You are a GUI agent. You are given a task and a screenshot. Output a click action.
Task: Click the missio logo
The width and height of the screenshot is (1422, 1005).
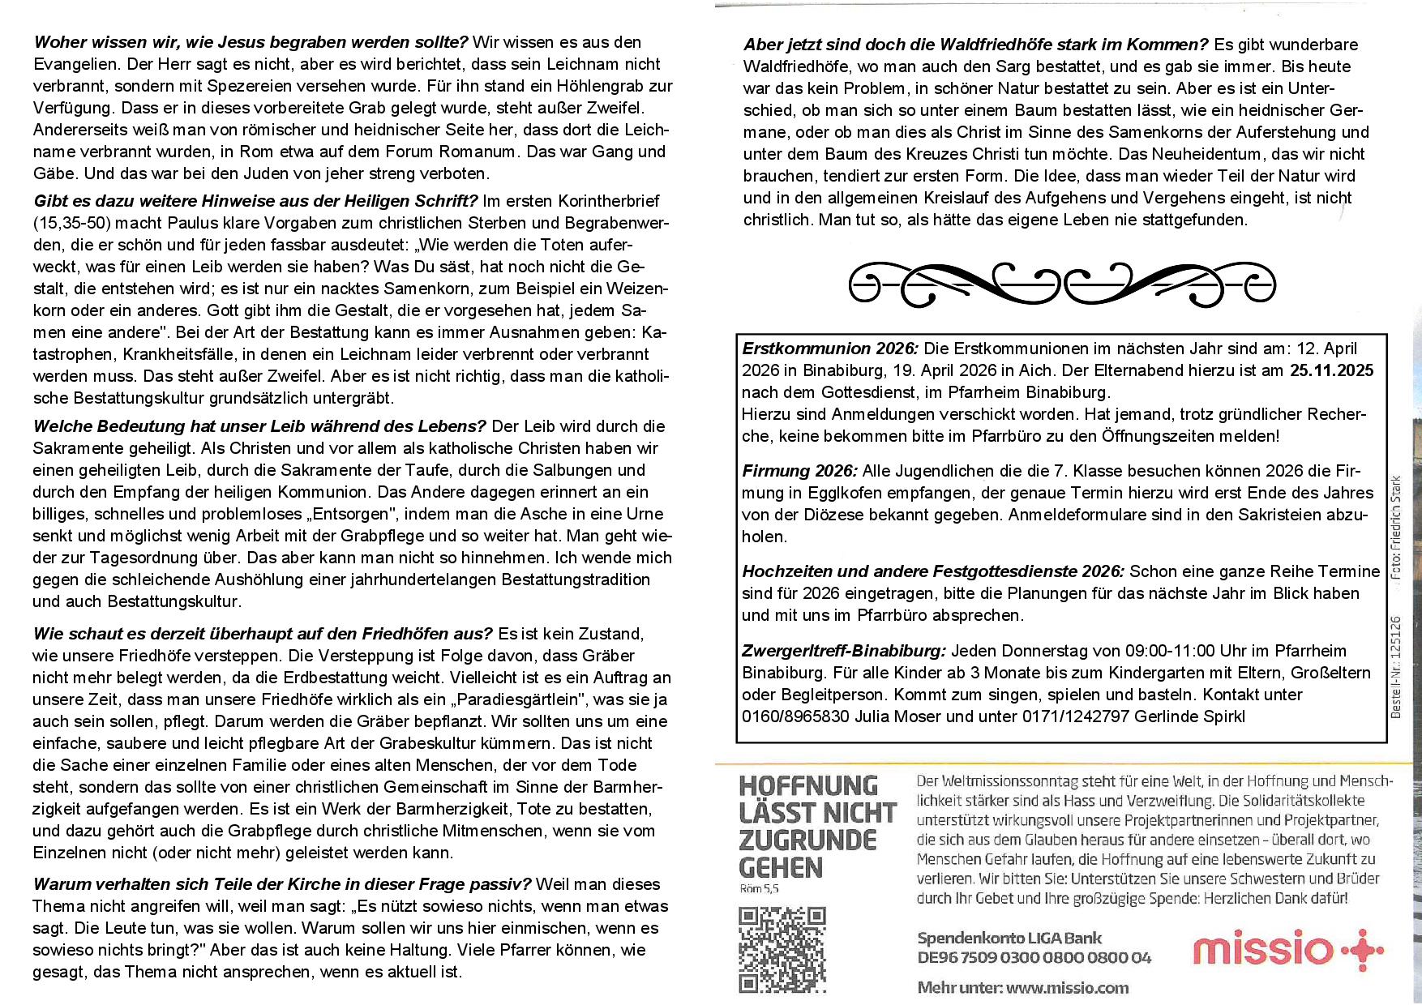(1287, 950)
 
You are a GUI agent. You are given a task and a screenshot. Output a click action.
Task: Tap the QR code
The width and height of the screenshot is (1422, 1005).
(782, 949)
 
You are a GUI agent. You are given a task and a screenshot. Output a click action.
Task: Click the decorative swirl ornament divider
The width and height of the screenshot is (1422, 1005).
(1062, 284)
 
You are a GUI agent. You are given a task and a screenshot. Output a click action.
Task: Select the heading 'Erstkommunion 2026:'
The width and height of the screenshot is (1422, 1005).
(830, 349)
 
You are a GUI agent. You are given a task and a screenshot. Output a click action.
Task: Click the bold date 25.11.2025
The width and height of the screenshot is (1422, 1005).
(1331, 370)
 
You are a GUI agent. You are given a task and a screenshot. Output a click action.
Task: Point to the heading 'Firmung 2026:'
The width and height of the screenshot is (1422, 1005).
(799, 471)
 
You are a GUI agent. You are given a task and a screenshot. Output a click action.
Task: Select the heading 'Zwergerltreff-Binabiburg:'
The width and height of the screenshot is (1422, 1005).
(844, 651)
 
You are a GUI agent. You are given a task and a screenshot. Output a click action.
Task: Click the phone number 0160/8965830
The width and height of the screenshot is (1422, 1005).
(795, 716)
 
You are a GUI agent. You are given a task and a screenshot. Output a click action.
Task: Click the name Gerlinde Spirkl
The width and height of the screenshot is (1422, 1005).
(1189, 716)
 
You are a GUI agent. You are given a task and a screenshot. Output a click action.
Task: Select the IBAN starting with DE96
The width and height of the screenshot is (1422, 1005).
(1034, 958)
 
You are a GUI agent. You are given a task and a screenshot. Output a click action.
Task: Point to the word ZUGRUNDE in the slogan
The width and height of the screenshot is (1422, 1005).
(807, 840)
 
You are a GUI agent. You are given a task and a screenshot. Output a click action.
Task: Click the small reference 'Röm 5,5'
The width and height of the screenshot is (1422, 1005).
(759, 889)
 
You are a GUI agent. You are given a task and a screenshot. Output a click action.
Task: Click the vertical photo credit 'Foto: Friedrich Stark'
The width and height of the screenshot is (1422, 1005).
(1395, 527)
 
